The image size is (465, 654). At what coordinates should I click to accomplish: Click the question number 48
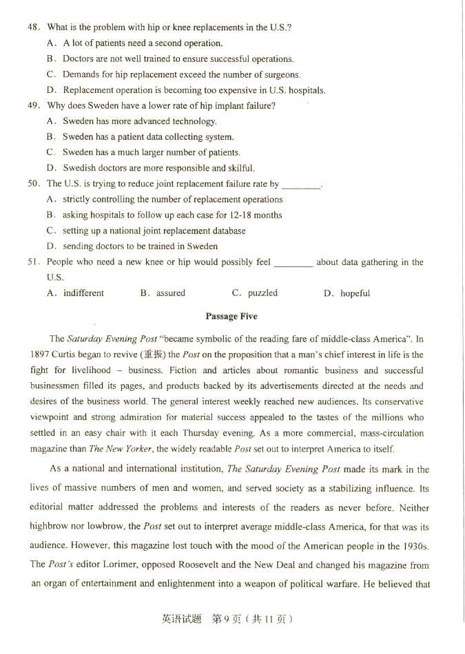click(33, 28)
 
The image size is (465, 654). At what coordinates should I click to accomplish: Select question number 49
click(33, 105)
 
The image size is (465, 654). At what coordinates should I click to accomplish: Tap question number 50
click(33, 184)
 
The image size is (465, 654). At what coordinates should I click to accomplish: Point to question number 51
click(33, 262)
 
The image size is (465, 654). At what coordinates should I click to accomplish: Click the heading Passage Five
click(231, 316)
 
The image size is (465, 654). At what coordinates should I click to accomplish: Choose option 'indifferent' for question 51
click(83, 293)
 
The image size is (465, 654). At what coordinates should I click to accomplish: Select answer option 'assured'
click(170, 293)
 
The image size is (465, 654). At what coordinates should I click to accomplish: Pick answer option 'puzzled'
click(262, 293)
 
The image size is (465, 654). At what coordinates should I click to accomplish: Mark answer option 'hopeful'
click(355, 293)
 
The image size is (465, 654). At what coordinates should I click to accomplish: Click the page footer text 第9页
click(227, 619)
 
